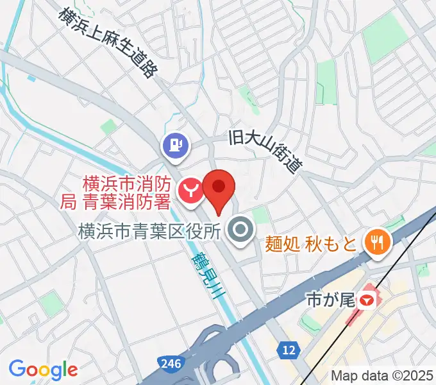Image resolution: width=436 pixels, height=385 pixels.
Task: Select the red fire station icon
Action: click(x=191, y=190)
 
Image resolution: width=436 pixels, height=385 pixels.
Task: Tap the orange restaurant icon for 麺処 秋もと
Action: click(x=374, y=243)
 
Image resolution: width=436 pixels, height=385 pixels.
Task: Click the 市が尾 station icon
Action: click(x=367, y=298)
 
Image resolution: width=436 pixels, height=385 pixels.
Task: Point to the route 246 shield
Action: click(x=170, y=364)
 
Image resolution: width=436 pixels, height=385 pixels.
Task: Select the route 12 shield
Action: click(x=289, y=350)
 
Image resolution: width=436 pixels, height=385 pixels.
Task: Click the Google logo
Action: click(x=43, y=369)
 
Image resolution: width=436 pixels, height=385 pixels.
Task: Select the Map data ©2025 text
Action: click(x=382, y=375)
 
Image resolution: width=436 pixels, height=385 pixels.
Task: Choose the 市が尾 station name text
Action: click(x=331, y=299)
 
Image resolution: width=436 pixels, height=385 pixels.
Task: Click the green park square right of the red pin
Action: click(x=259, y=214)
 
